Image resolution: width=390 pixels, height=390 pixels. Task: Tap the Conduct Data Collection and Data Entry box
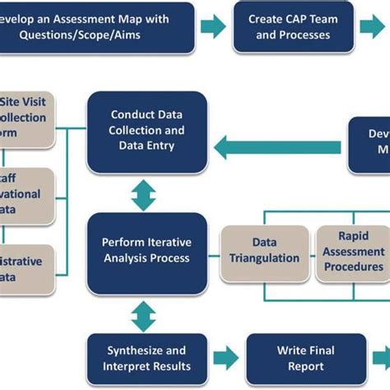(146, 132)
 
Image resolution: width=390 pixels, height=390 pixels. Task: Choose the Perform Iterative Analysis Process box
(146, 251)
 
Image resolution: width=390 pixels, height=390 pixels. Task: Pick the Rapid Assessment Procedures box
(352, 251)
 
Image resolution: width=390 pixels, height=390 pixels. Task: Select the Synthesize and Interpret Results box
(146, 358)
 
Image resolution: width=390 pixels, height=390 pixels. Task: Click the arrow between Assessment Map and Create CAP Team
(212, 26)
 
